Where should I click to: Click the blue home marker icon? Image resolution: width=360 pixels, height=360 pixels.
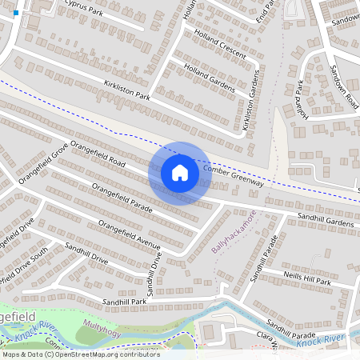[x=179, y=173]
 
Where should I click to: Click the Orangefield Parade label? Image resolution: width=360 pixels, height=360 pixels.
[x=122, y=198]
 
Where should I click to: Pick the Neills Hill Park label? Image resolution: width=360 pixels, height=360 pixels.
[x=307, y=278]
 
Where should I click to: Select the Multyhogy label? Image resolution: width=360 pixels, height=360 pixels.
[x=102, y=330]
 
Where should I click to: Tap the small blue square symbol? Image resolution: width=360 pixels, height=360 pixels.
[x=16, y=13]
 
